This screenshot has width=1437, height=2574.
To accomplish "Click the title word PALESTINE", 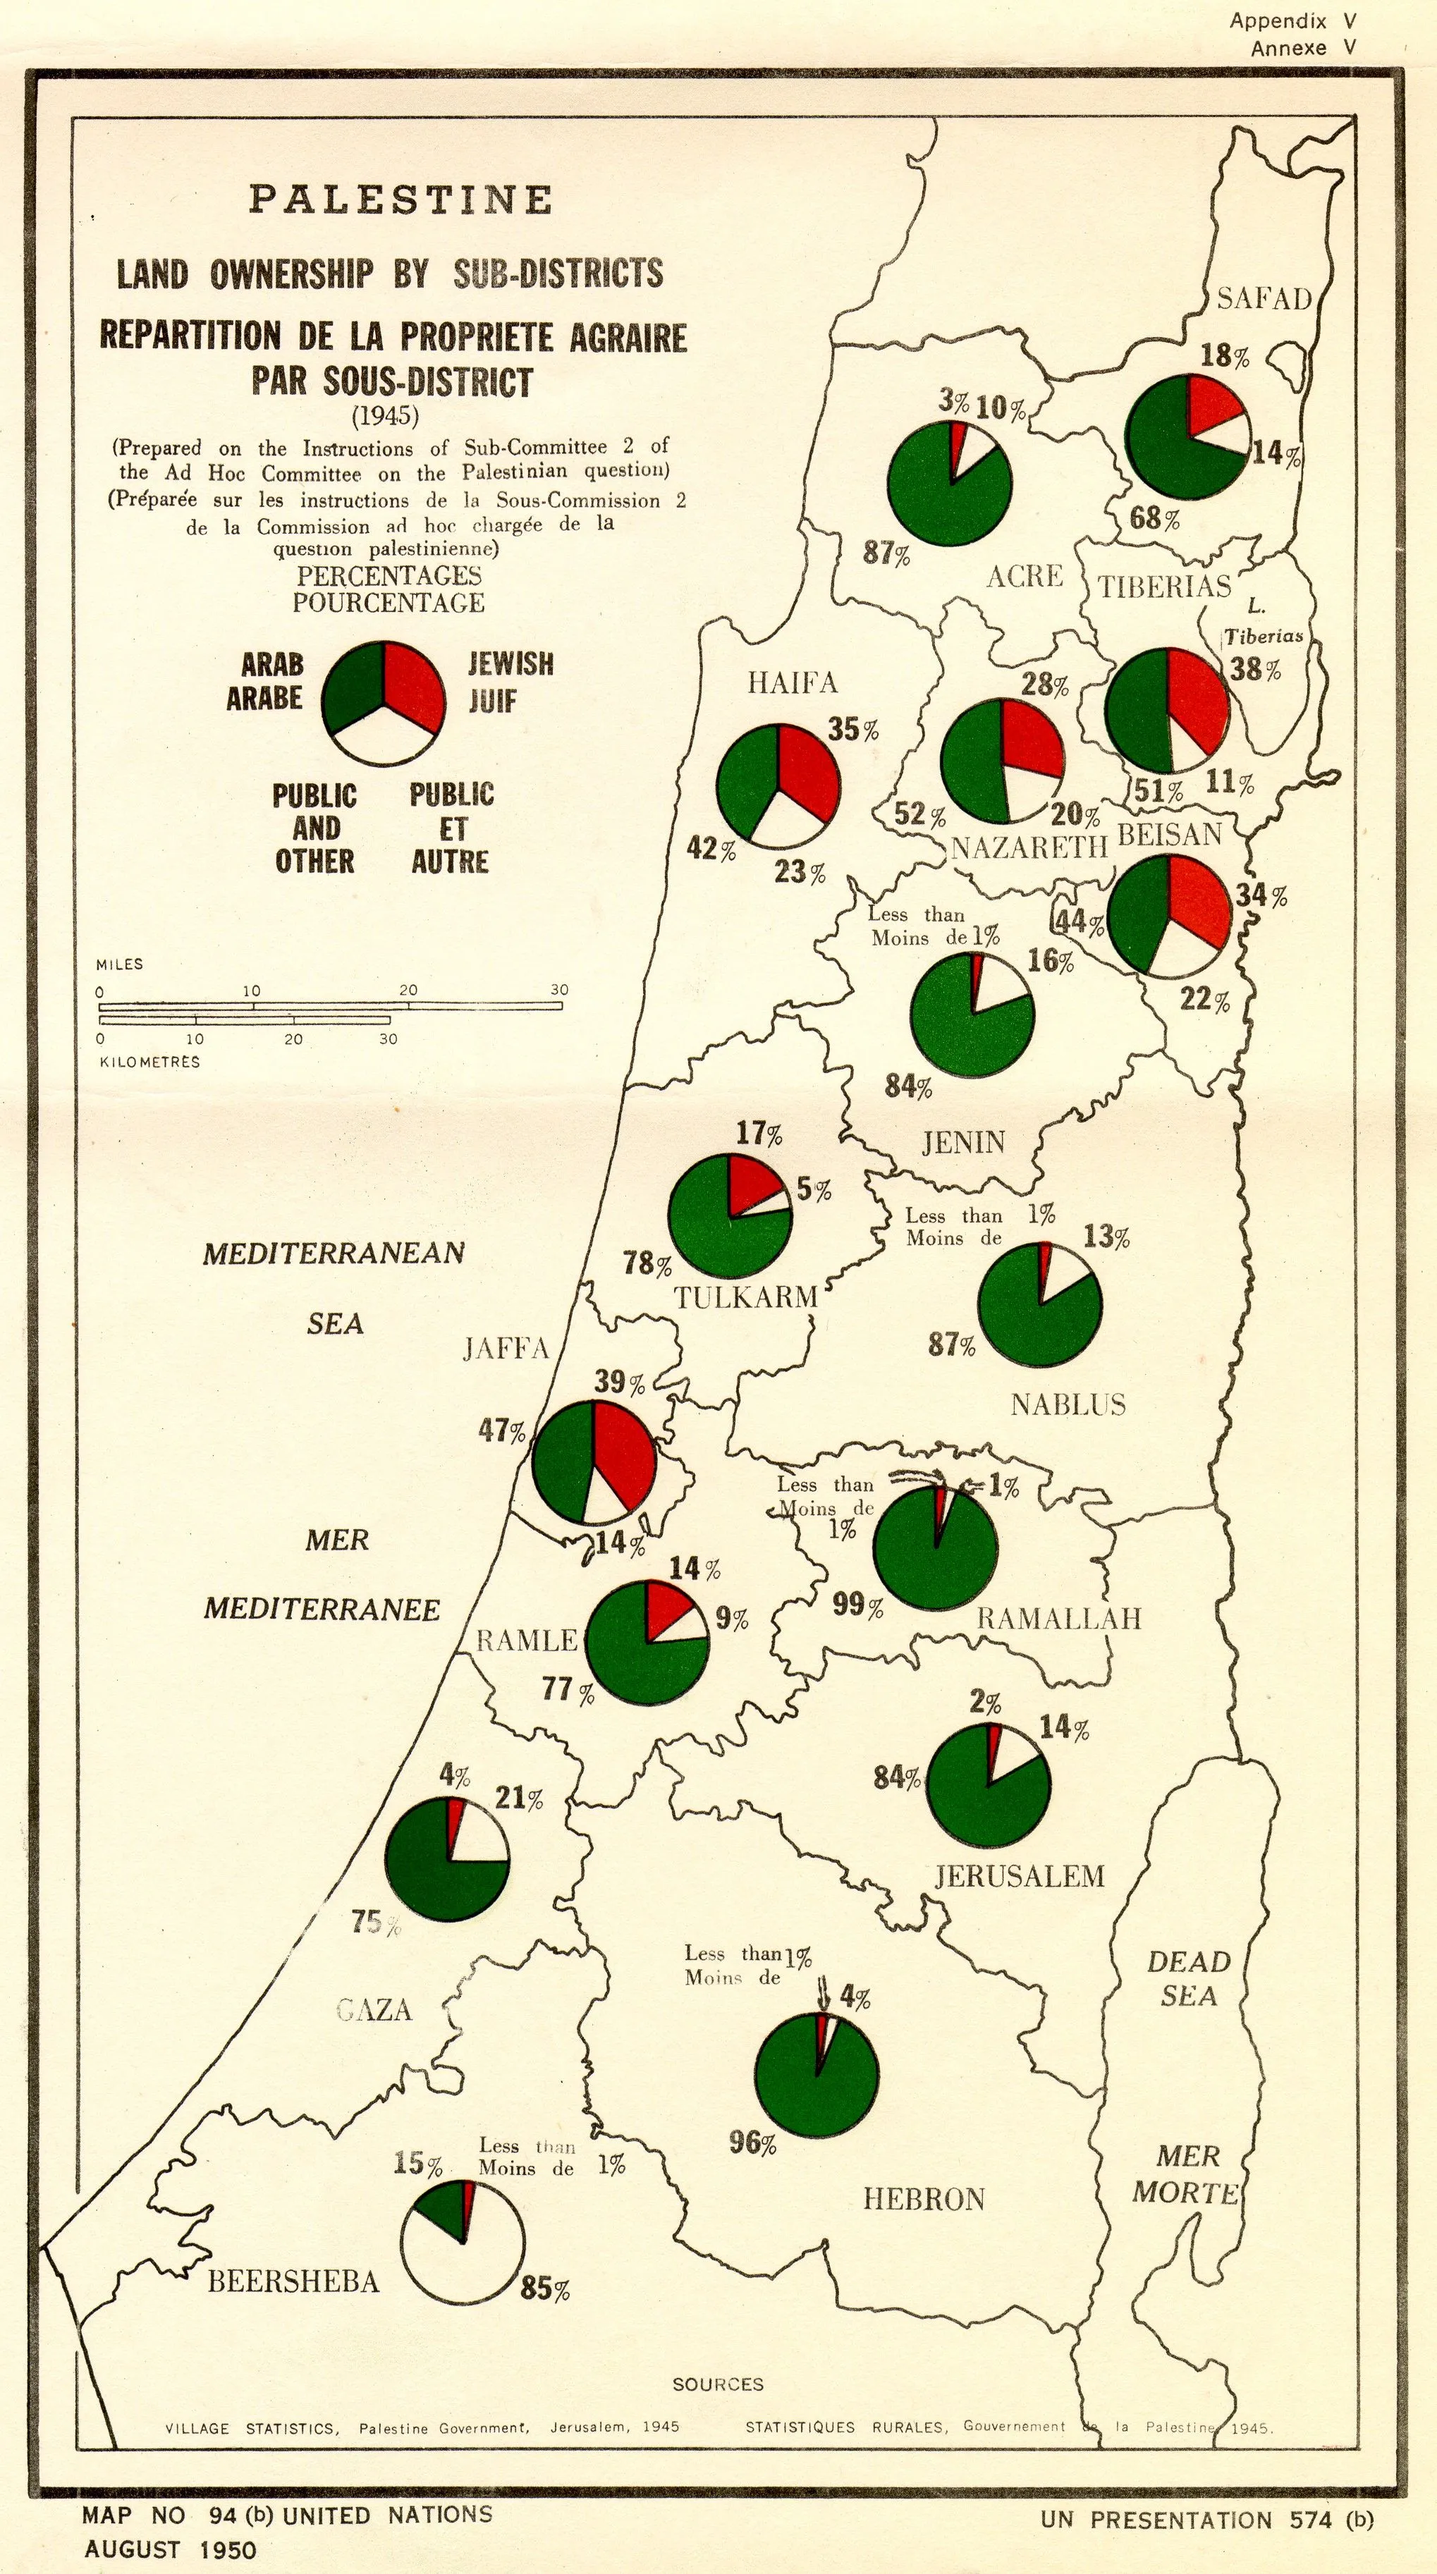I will (x=400, y=199).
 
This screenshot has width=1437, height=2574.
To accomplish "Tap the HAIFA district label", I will (x=793, y=682).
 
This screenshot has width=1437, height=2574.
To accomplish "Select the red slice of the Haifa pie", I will (x=807, y=769).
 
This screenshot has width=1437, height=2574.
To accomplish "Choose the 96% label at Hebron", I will (x=752, y=2143).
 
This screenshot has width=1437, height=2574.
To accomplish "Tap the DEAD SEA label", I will (x=1188, y=1978).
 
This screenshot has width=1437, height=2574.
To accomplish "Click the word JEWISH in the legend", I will (x=510, y=663).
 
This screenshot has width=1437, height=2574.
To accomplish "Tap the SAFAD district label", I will (x=1263, y=298).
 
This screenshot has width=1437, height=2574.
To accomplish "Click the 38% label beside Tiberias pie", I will (x=1256, y=668).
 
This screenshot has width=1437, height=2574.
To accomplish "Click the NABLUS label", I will (x=1068, y=1405).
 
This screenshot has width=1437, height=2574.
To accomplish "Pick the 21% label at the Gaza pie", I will (x=520, y=1798).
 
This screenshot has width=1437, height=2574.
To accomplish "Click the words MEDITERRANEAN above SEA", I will (x=334, y=1253).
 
